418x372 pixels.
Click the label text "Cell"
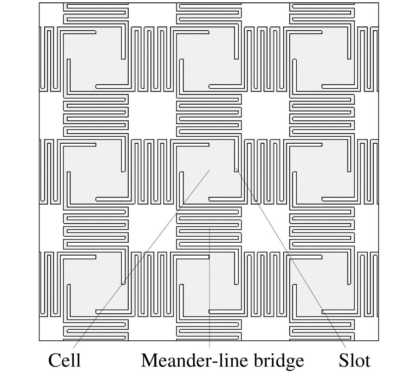65,360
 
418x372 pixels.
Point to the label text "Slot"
355,360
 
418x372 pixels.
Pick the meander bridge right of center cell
265,172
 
